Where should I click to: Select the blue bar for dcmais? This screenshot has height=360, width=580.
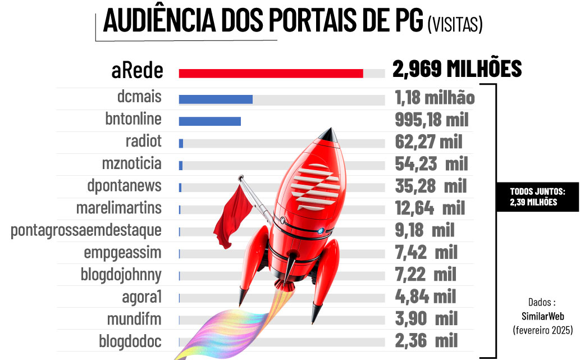(216, 99)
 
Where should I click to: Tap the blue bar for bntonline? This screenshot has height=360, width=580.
(209, 121)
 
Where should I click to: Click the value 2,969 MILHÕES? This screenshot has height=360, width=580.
(457, 69)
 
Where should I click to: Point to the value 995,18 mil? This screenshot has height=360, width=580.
(431, 120)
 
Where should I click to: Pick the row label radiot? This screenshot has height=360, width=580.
(143, 141)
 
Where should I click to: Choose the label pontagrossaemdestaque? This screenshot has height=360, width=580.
(86, 230)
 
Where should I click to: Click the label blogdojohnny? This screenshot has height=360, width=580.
(121, 275)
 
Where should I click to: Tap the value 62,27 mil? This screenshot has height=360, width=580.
(428, 142)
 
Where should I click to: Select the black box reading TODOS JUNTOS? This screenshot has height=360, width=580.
(537, 197)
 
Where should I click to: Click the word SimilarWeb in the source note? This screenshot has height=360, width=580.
(542, 316)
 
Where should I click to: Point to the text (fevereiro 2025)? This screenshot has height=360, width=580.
(542, 330)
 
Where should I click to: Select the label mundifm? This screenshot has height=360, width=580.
(134, 319)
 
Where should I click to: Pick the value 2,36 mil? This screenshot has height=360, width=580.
(426, 340)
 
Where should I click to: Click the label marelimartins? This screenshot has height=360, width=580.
(118, 208)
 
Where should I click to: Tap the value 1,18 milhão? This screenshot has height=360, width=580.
(435, 98)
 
